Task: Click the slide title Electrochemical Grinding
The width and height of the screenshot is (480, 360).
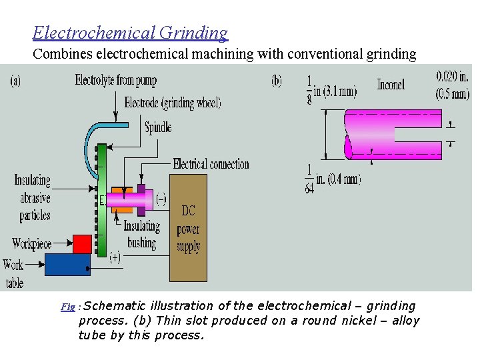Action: pos(130,32)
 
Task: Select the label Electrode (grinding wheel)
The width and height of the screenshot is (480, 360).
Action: pos(173,103)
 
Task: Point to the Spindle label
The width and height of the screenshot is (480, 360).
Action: pos(159,127)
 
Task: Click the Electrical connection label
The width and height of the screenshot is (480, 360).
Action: pos(211,164)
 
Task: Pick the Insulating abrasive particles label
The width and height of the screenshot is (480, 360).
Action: pos(32,197)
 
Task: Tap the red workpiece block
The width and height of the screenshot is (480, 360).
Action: pos(82,244)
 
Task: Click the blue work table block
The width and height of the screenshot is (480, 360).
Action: pos(67,265)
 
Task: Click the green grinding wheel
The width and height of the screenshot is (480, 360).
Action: pos(102,200)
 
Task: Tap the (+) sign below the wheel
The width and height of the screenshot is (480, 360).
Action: pos(115,257)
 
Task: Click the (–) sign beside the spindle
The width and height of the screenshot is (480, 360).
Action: pos(161,199)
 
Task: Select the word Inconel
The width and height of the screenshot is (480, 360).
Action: pos(391,85)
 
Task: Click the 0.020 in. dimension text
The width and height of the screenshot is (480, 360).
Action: pos(452,76)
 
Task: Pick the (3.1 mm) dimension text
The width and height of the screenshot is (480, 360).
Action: pos(339,91)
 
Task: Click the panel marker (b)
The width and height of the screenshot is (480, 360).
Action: pos(277,81)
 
